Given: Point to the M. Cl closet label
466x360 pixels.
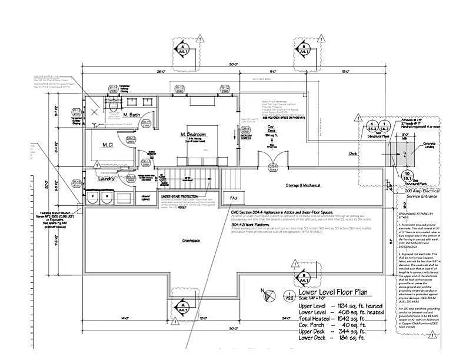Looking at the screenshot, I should point(108,145).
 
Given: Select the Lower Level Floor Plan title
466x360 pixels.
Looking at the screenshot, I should point(333,292).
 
